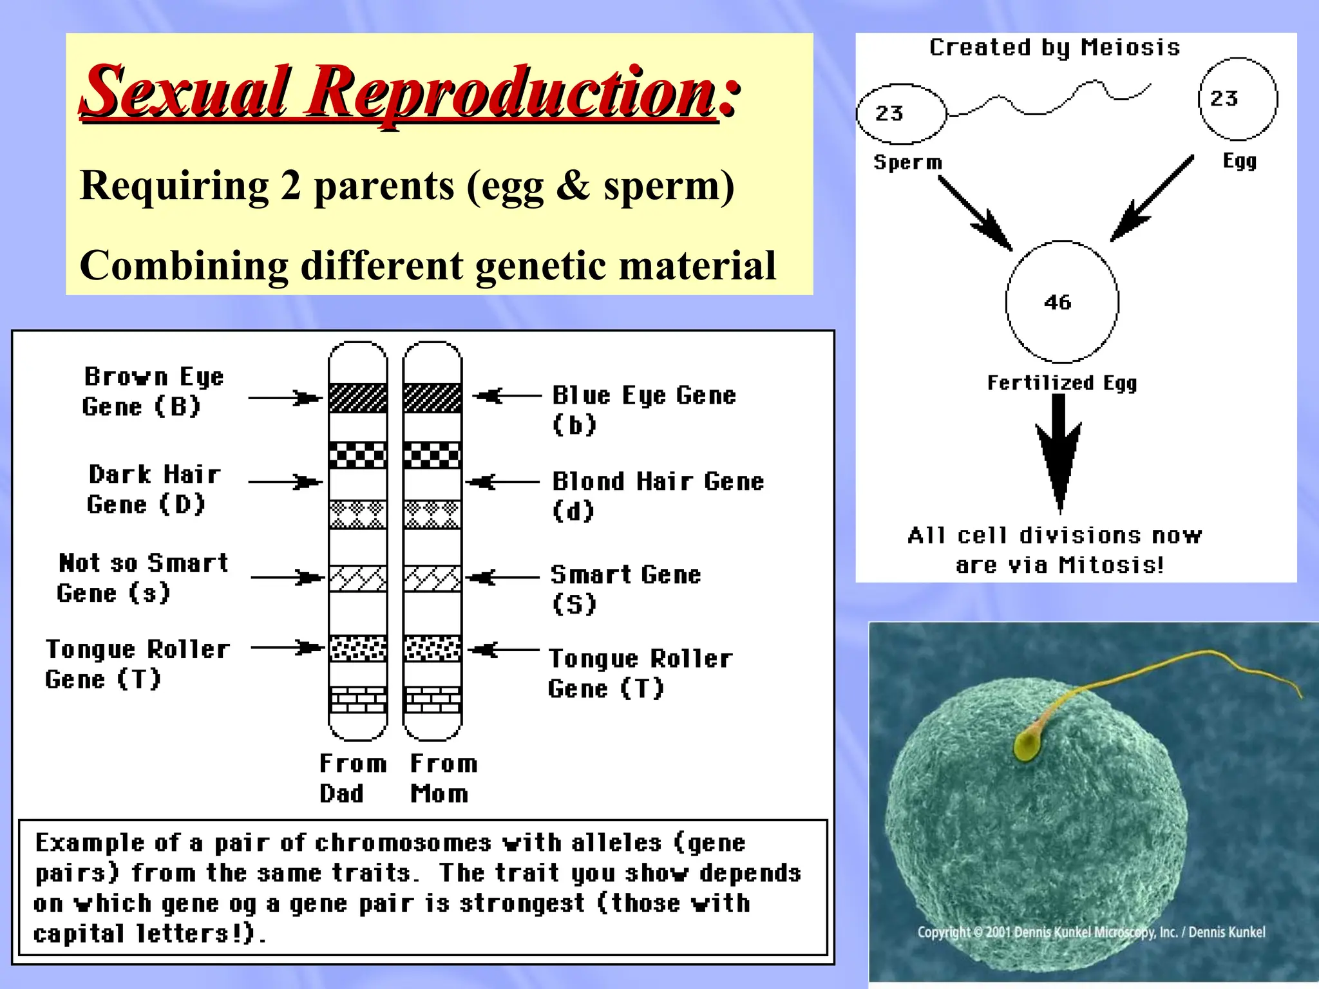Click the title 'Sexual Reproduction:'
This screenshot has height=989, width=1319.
point(411,91)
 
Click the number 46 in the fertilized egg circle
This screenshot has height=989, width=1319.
point(1058,302)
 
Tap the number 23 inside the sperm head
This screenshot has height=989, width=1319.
point(889,114)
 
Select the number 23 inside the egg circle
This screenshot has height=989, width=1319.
point(1224,99)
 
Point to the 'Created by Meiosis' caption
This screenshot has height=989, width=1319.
point(1054,48)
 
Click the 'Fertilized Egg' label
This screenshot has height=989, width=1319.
point(1062,382)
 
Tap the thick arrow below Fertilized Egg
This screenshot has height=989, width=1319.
point(1059,451)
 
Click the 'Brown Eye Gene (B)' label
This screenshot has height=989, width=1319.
point(152,391)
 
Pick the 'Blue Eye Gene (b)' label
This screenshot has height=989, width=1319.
point(643,409)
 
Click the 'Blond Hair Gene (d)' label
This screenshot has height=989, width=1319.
point(657,495)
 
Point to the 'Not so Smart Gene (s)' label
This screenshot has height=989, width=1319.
point(142,578)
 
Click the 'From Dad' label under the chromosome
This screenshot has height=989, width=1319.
point(352,778)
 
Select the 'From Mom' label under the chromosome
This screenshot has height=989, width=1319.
point(443,778)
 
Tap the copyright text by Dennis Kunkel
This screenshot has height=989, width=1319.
point(1091,932)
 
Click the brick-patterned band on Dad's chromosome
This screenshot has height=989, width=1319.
point(358,700)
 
